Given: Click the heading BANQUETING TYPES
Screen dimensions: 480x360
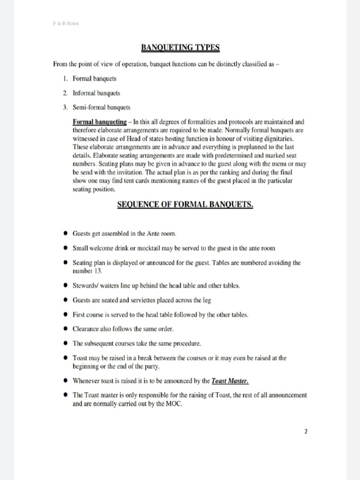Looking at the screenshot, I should pyautogui.click(x=180, y=47).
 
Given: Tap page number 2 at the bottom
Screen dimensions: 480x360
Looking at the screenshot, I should pyautogui.click(x=306, y=432).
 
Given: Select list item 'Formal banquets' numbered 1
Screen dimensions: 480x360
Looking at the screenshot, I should pyautogui.click(x=95, y=78).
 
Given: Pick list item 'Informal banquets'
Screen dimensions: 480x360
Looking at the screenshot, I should pyautogui.click(x=97, y=93).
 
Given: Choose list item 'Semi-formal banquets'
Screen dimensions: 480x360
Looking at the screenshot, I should pyautogui.click(x=102, y=107).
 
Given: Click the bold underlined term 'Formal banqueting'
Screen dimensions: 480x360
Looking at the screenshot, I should pyautogui.click(x=100, y=122).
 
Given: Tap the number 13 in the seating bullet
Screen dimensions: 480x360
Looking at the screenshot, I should pyautogui.click(x=97, y=271).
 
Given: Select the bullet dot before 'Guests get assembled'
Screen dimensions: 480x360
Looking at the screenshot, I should pyautogui.click(x=66, y=233).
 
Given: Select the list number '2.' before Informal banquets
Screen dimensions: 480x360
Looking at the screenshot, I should pyautogui.click(x=66, y=93).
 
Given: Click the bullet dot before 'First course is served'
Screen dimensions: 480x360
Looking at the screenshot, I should pyautogui.click(x=66, y=315).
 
